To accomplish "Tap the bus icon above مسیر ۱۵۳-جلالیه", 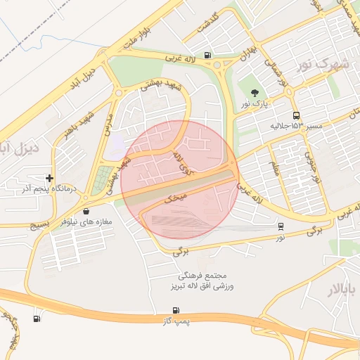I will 295,115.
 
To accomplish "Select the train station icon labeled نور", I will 281,226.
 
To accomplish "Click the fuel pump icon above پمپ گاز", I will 176,309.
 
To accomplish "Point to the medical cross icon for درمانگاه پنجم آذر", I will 49,178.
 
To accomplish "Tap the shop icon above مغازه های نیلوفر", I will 86,210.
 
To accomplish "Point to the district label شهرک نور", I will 323,63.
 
